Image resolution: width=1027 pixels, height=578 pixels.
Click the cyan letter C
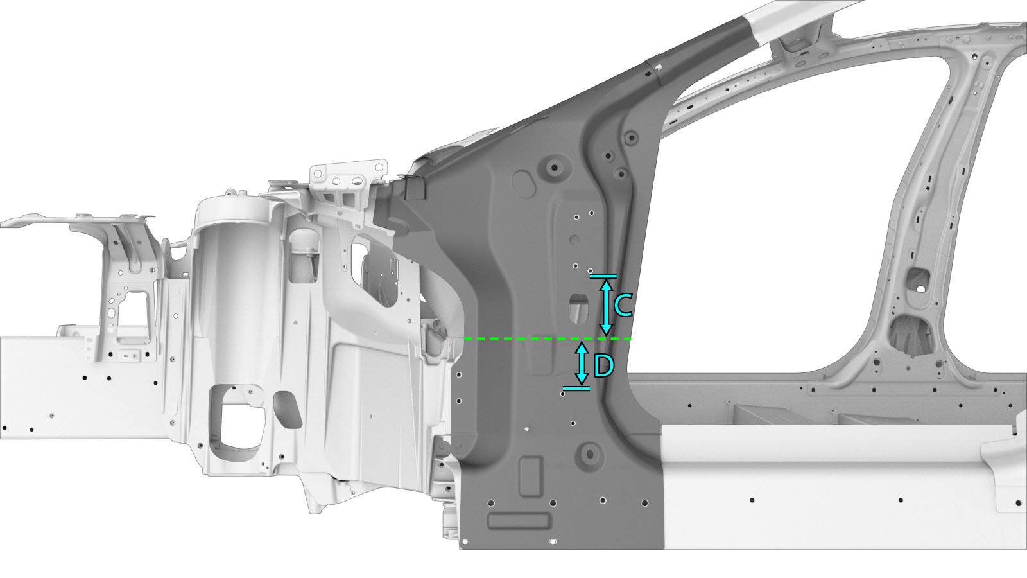pyautogui.click(x=623, y=306)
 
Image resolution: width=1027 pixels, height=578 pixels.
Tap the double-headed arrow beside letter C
pyautogui.click(x=606, y=307)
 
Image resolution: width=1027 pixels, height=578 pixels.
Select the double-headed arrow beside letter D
pyautogui.click(x=582, y=364)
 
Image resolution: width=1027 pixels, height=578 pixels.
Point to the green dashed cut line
pyautogui.click(x=548, y=339)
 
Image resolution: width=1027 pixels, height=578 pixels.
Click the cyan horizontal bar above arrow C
pyautogui.click(x=603, y=276)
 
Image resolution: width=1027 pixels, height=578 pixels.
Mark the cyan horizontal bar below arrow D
pyautogui.click(x=576, y=389)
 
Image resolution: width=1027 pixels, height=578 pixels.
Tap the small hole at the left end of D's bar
pyautogui.click(x=563, y=394)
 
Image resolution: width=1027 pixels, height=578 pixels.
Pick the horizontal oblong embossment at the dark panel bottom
pyautogui.click(x=519, y=521)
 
